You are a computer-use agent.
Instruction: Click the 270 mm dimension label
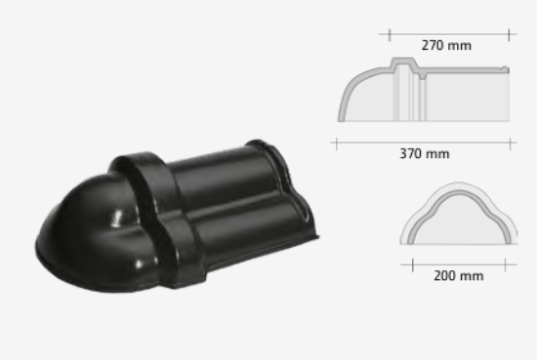click(x=446, y=46)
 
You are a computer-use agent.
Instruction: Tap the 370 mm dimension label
click(x=425, y=153)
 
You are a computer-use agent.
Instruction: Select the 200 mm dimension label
click(x=459, y=276)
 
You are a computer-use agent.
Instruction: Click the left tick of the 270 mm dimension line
click(x=390, y=35)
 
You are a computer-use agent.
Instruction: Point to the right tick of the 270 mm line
click(x=510, y=35)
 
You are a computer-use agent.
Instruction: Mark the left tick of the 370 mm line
click(x=337, y=143)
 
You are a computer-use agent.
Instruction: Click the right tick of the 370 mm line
click(x=510, y=143)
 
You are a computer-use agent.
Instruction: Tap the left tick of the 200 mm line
click(x=413, y=265)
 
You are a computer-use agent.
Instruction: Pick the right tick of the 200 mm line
click(x=505, y=265)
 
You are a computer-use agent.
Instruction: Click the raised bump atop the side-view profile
click(x=405, y=61)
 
